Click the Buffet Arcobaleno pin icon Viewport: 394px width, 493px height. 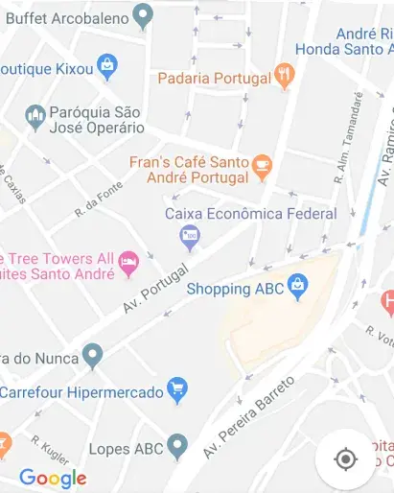143,15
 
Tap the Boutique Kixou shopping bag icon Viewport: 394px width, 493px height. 108,67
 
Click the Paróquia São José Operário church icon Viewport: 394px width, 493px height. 35,117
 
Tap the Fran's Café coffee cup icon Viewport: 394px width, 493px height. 262,169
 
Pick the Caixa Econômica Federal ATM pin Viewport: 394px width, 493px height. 190,236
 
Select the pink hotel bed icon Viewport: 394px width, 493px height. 128,262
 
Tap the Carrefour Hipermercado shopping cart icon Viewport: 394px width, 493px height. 176,389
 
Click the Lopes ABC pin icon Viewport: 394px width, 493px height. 176,445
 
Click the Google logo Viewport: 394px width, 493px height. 53,478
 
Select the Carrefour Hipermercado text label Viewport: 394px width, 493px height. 81,391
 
